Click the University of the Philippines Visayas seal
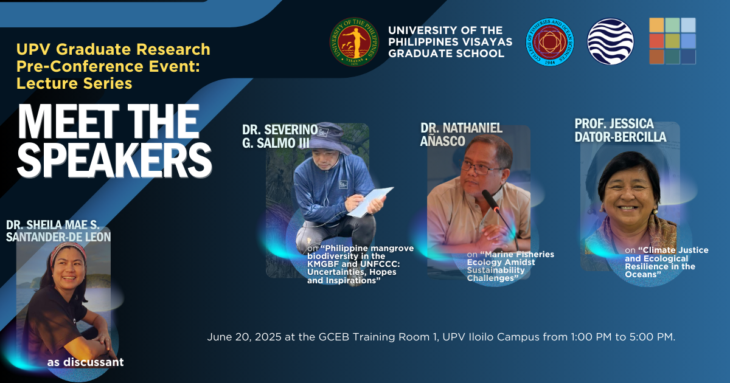pyautogui.click(x=354, y=42)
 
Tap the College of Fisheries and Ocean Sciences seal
pyautogui.click(x=550, y=42)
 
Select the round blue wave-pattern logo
pyautogui.click(x=610, y=41)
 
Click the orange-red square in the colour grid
pyautogui.click(x=656, y=41)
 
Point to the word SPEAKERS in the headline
pyautogui.click(x=114, y=160)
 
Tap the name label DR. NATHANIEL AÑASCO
pyautogui.click(x=461, y=134)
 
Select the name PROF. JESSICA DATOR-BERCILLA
pyautogui.click(x=620, y=130)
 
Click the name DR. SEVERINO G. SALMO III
pyautogui.click(x=280, y=136)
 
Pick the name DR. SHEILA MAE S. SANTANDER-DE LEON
pyautogui.click(x=58, y=231)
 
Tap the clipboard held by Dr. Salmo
pyautogui.click(x=370, y=202)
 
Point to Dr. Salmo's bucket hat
pyautogui.click(x=329, y=138)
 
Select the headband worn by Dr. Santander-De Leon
pyautogui.click(x=67, y=251)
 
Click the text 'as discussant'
pyautogui.click(x=85, y=362)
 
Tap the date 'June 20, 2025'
pyautogui.click(x=244, y=337)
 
